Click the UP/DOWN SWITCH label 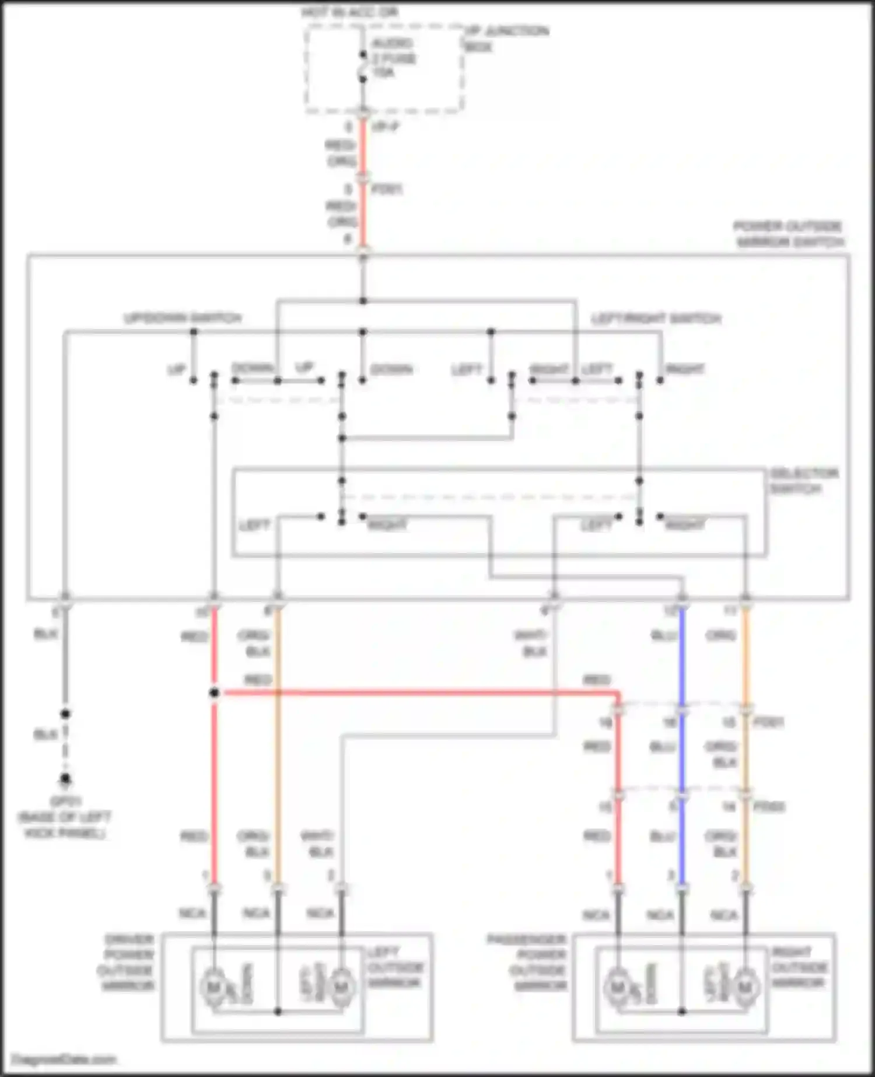(x=183, y=319)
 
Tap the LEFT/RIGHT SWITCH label (x=656, y=319)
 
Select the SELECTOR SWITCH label (x=803, y=481)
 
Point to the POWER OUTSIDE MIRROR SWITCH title (x=789, y=234)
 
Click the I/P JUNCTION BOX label (x=506, y=38)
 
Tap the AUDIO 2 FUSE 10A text (x=394, y=58)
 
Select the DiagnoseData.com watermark (x=64, y=1059)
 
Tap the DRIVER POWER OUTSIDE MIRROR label (x=128, y=963)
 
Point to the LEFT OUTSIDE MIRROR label (x=395, y=968)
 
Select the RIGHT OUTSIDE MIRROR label (x=799, y=968)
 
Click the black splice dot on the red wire (x=214, y=693)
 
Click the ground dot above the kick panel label (x=65, y=779)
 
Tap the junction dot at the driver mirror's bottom (x=278, y=1012)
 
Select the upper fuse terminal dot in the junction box (x=363, y=55)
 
